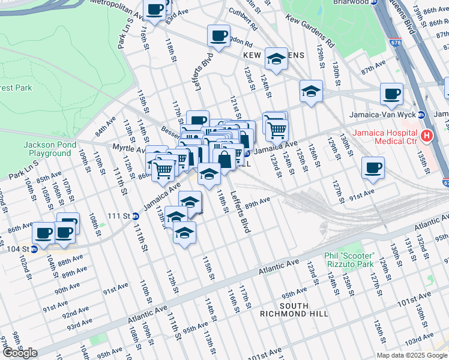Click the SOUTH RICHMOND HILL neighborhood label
click(x=294, y=310)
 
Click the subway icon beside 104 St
click(x=34, y=249)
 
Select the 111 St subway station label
click(x=119, y=215)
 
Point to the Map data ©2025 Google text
click(x=411, y=355)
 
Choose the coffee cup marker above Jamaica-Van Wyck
click(x=391, y=93)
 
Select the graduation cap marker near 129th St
click(x=310, y=91)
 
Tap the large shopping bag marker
click(x=224, y=160)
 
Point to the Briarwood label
click(x=339, y=2)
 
